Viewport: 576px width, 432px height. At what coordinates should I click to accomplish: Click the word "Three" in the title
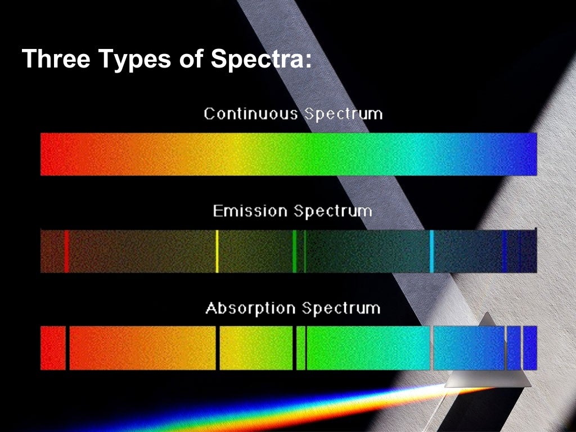(55, 59)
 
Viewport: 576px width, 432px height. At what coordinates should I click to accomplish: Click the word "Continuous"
(250, 114)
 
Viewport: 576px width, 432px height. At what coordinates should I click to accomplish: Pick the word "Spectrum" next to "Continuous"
(343, 115)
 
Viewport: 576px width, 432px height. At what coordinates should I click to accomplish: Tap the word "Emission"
(250, 211)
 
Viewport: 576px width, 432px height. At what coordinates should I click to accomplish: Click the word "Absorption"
(250, 308)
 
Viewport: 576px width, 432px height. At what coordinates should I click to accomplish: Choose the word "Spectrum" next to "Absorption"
(341, 309)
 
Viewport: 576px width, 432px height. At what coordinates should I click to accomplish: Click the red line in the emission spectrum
(66, 251)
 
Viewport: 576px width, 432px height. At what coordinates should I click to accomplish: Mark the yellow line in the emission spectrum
(217, 251)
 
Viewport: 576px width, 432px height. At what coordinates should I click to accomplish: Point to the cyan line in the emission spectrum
(431, 251)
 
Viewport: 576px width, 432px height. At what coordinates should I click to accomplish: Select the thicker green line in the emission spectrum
(294, 251)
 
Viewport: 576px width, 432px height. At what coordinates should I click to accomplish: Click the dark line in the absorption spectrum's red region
(67, 348)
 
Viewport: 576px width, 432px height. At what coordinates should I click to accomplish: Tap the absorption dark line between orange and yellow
(218, 348)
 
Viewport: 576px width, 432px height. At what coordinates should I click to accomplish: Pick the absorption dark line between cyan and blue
(431, 348)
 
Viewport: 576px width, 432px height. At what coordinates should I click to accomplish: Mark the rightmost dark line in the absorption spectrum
(522, 348)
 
